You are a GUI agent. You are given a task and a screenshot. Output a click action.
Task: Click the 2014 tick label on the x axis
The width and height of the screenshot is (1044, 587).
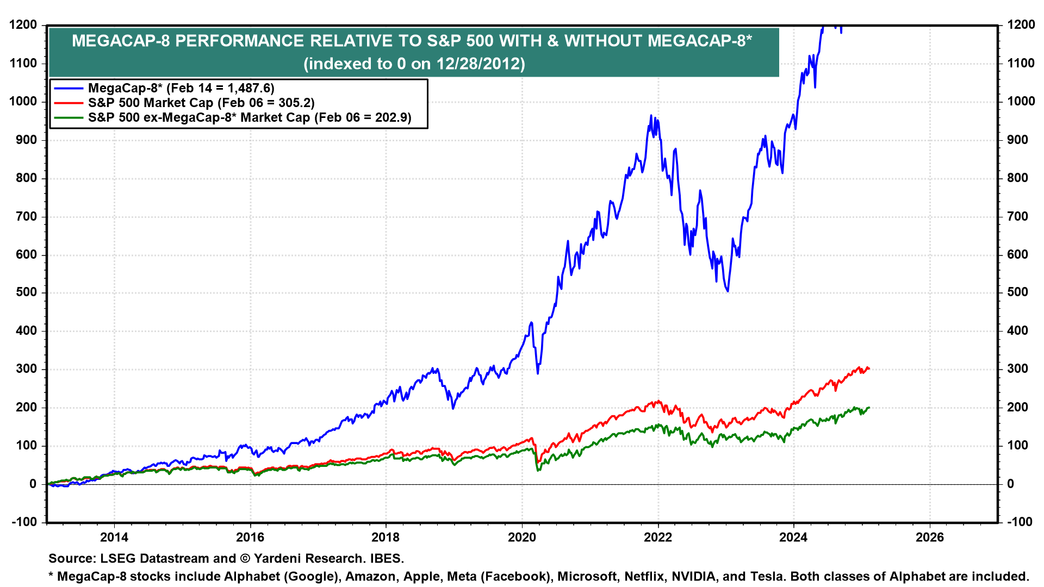pos(114,538)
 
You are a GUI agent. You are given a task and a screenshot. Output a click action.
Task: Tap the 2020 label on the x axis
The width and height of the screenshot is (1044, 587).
pos(522,538)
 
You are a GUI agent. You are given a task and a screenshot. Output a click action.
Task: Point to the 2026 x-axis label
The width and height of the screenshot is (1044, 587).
pos(930,538)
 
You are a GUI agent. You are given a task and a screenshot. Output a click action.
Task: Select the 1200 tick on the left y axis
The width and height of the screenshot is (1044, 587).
pos(23,25)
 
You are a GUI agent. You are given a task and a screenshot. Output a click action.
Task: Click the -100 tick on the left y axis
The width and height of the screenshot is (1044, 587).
pos(23,522)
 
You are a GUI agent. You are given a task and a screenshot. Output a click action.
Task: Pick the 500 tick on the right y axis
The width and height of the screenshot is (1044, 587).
pos(1018,292)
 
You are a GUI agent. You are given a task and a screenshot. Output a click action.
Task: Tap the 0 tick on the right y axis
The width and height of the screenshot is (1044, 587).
pos(1011,484)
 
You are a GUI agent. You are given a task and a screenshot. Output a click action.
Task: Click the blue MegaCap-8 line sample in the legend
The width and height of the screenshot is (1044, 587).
pos(69,88)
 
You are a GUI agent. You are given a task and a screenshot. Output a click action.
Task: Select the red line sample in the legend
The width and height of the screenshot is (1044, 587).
pos(69,103)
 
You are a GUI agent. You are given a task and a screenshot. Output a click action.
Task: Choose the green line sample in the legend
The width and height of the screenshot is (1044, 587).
pos(69,117)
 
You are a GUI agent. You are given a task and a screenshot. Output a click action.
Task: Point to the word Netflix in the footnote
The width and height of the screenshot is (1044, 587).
pos(644,576)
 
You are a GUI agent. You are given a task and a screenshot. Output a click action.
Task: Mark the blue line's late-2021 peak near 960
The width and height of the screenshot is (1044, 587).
pos(651,116)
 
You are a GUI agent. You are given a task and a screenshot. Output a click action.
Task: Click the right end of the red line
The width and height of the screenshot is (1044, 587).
pos(869,369)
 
